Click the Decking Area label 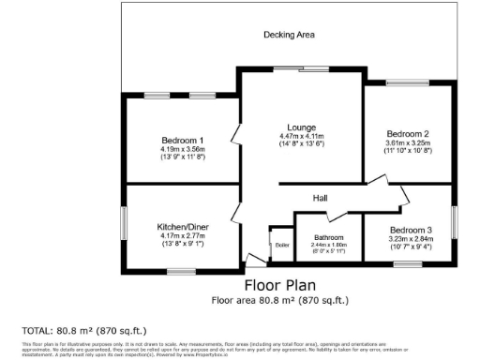click(x=289, y=35)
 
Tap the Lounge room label click(x=301, y=127)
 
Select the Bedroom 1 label click(x=182, y=141)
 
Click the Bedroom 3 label click(x=411, y=230)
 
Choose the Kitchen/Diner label click(x=182, y=227)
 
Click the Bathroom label click(x=329, y=237)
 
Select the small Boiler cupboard click(x=281, y=245)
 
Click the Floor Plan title click(x=281, y=285)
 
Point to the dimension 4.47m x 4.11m click(x=301, y=136)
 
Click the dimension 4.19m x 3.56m click(x=182, y=149)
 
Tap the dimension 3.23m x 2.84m click(x=411, y=239)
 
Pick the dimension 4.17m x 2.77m click(x=182, y=236)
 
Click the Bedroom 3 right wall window click(x=456, y=223)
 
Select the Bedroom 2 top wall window click(x=409, y=83)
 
